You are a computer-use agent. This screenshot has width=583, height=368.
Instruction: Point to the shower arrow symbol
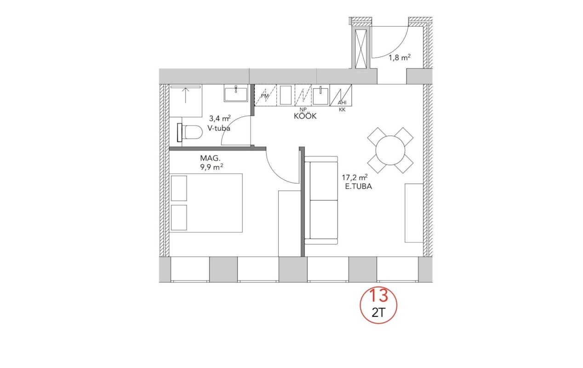[185, 95]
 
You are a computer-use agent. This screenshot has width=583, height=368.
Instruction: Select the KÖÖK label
[305, 116]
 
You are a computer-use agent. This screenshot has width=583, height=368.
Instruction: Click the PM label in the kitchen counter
[265, 96]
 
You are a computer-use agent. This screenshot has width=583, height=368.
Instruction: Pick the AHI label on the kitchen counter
[342, 103]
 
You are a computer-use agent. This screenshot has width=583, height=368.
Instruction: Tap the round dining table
[390, 150]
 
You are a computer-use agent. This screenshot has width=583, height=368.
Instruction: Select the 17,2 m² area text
[355, 178]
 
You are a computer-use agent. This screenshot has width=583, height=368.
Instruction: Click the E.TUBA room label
[358, 186]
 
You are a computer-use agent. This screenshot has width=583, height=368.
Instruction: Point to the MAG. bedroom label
[210, 158]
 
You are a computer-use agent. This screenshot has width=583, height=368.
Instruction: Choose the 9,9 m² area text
[211, 167]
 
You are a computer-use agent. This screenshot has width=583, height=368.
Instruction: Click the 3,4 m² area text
[220, 119]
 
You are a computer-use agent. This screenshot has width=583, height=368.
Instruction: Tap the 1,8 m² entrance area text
[400, 57]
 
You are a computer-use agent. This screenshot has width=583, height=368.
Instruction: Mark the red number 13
[378, 295]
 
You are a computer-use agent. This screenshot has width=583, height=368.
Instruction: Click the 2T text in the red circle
[378, 313]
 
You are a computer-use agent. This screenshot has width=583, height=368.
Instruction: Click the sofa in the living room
[321, 200]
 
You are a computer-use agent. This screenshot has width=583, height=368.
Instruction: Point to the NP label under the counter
[303, 109]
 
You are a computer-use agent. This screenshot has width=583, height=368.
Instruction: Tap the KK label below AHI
[342, 110]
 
